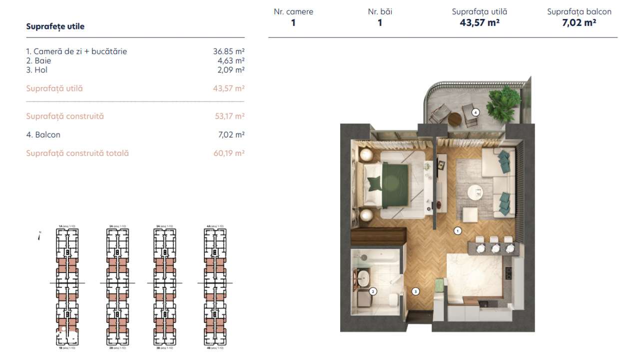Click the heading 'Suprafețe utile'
[55, 26]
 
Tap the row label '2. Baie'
[38, 60]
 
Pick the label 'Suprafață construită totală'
[77, 153]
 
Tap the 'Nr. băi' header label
[380, 11]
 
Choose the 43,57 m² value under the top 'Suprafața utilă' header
[479, 22]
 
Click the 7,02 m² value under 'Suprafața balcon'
[579, 22]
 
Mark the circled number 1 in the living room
[457, 230]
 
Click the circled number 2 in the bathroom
[372, 290]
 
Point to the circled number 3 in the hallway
[415, 290]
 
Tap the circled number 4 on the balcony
[476, 112]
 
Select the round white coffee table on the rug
[475, 191]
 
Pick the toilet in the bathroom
[393, 299]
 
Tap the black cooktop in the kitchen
[509, 273]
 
